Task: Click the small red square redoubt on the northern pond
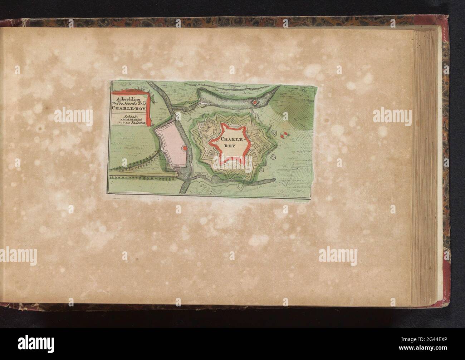point(255,103)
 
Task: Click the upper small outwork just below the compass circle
point(274,133)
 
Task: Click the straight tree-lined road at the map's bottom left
point(143,175)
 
